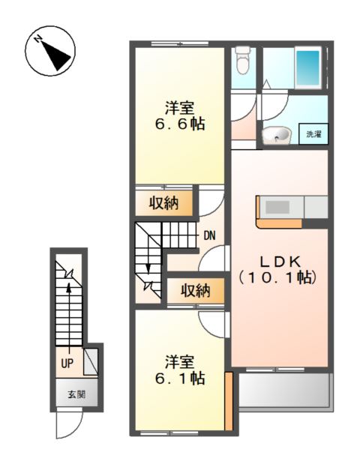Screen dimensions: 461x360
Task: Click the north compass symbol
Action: [x=51, y=50]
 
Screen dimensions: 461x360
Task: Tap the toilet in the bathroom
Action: [x=241, y=60]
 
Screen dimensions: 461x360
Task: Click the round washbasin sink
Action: [x=278, y=136]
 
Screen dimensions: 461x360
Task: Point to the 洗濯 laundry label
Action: [x=313, y=135]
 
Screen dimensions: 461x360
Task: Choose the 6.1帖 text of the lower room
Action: [x=180, y=379]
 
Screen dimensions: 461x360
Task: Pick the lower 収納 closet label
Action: [x=194, y=290]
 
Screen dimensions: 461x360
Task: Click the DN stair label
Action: [x=209, y=235]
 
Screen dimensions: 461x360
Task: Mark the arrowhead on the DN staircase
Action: [x=148, y=268]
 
